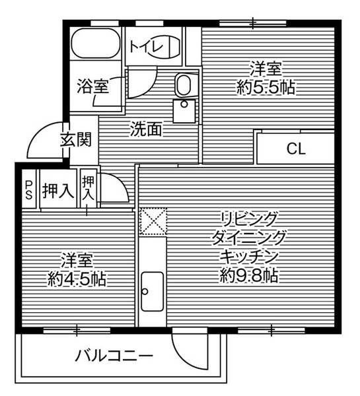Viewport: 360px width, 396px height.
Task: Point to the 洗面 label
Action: pyautogui.click(x=145, y=130)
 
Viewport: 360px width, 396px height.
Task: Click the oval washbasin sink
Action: pyautogui.click(x=183, y=85)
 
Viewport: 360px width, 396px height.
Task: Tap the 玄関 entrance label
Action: pyautogui.click(x=75, y=140)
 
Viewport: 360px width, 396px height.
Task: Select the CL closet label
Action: pyautogui.click(x=295, y=149)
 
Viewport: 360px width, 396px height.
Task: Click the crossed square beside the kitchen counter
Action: pyautogui.click(x=153, y=221)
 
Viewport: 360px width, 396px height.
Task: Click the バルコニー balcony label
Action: pyautogui.click(x=114, y=358)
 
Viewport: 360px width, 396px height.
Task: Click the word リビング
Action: pyautogui.click(x=250, y=218)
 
